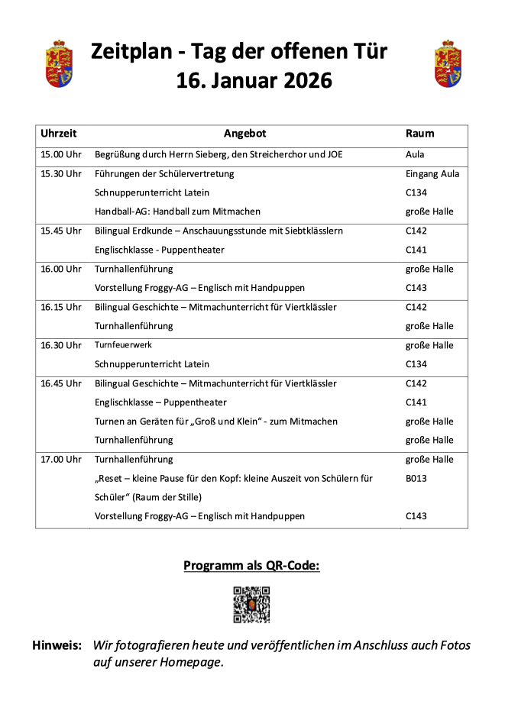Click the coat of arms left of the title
(x=59, y=64)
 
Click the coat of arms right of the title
(x=448, y=64)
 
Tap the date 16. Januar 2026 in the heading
(x=254, y=79)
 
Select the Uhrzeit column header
(x=59, y=133)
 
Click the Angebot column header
(x=244, y=133)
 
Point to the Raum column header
(x=419, y=133)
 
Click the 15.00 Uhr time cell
(x=61, y=154)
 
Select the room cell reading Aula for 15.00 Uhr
(x=415, y=154)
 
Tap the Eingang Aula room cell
(x=432, y=173)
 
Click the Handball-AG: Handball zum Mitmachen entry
(x=177, y=212)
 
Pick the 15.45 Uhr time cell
(x=61, y=231)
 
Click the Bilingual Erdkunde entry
(x=219, y=231)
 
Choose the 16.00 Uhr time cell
(x=61, y=269)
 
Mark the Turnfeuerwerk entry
(x=123, y=345)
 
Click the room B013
(x=416, y=479)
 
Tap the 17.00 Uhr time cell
(x=61, y=460)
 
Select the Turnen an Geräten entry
(x=215, y=421)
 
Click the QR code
(x=251, y=605)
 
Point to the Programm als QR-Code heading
(x=251, y=566)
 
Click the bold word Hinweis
(x=57, y=645)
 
